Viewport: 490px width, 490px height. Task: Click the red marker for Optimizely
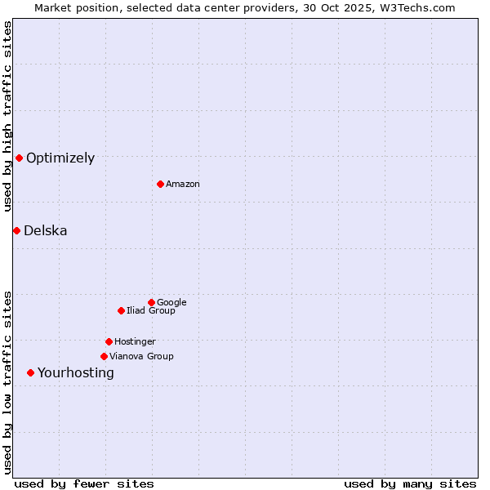point(19,158)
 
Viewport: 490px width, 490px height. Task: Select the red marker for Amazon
point(160,184)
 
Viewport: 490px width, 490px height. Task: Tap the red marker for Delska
point(16,230)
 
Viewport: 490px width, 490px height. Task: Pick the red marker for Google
point(151,302)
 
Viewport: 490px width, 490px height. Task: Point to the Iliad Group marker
point(121,310)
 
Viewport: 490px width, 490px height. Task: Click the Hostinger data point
point(109,341)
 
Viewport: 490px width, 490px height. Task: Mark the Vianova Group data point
point(104,356)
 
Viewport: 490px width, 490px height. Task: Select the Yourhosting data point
point(30,372)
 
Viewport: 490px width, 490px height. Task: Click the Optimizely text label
point(60,158)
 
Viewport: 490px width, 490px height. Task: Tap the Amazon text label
point(183,185)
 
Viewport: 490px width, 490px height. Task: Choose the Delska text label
point(46,231)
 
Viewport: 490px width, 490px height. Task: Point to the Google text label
point(171,303)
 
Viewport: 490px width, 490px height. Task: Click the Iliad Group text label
point(151,311)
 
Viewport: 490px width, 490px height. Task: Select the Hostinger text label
point(135,342)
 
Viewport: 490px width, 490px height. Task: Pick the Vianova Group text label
point(141,357)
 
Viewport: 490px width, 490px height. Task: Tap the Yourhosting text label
point(76,373)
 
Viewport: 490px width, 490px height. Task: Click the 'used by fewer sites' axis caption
point(84,483)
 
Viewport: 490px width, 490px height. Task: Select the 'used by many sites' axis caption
point(410,483)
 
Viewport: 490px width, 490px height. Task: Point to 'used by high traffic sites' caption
point(7,116)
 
